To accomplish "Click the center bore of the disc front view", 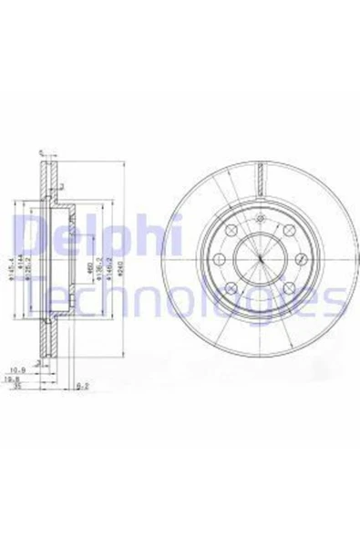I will click(258, 258).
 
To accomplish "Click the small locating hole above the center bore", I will click(259, 218).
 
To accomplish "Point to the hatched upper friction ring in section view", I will click(47, 179).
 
